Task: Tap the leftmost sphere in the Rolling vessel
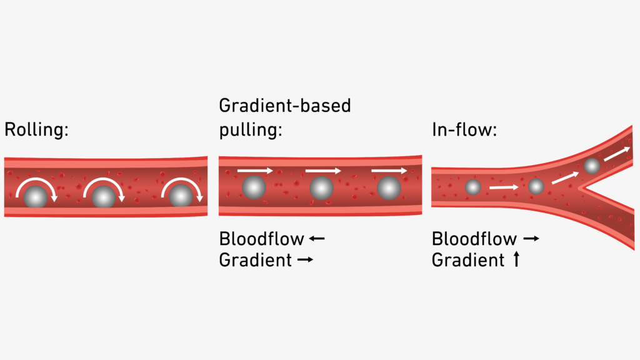(x=36, y=197)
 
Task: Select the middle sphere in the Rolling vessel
(x=104, y=197)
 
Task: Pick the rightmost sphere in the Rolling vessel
(x=181, y=196)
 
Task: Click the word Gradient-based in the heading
(x=285, y=106)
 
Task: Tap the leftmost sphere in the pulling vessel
(x=254, y=187)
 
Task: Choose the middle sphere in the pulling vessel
(x=321, y=187)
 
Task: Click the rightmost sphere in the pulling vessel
(x=389, y=187)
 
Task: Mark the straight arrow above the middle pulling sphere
(x=323, y=171)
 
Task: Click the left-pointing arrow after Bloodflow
(x=317, y=239)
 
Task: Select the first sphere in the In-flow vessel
(x=473, y=187)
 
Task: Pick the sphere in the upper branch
(x=592, y=166)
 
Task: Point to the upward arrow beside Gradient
(x=516, y=259)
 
